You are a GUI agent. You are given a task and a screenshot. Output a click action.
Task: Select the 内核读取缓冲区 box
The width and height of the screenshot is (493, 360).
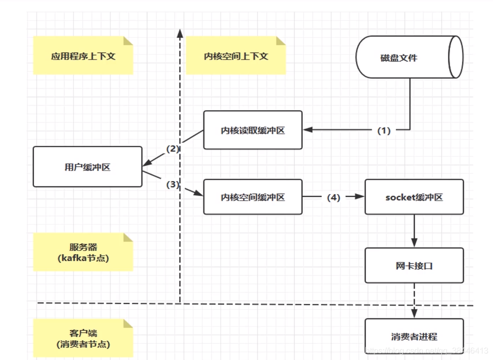point(253,130)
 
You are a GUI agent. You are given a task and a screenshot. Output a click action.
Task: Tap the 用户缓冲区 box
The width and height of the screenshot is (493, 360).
point(87,167)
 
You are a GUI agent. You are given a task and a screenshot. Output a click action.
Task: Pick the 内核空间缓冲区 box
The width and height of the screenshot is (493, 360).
point(253,197)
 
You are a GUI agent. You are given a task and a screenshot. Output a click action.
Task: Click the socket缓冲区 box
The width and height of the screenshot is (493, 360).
point(414,197)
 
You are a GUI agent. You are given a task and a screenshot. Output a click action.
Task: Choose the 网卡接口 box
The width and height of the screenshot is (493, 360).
point(414,265)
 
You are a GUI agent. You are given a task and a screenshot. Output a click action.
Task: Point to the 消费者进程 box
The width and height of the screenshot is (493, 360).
point(414,336)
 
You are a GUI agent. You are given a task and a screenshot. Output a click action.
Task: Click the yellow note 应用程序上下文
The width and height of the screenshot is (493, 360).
point(83,56)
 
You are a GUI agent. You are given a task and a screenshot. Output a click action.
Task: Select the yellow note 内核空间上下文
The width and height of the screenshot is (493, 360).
point(236,56)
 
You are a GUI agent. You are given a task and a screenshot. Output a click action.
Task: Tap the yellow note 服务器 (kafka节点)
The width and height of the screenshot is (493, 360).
point(83,253)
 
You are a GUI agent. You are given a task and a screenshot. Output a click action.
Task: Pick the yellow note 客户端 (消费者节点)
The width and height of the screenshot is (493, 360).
point(83,339)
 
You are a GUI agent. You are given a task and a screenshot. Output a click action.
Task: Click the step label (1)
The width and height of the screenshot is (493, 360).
point(384,130)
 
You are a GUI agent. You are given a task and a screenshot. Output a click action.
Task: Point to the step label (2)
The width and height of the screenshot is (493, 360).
point(173,149)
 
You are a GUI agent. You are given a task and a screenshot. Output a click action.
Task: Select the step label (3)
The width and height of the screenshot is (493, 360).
point(173,185)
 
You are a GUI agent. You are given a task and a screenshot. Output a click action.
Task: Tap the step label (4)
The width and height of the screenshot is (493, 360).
point(334,197)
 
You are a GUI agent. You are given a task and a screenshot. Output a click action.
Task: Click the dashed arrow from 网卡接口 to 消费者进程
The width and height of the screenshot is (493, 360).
point(414,301)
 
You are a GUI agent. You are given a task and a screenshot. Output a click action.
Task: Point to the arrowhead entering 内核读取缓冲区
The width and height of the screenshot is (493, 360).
point(307,130)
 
